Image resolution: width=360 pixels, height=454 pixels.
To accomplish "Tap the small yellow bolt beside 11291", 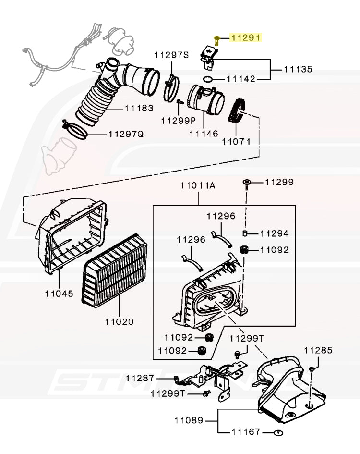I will pos(216,40).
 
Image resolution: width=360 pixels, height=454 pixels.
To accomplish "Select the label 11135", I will pos(298,69).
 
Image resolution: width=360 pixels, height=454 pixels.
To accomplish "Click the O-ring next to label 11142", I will pos(207,79).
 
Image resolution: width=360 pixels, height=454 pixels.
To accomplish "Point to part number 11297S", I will pos(171,55).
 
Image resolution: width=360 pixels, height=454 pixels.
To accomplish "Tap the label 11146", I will pos(204,134).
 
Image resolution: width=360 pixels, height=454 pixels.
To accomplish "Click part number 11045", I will pos(59,293).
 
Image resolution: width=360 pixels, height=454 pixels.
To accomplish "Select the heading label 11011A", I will pos(198,185).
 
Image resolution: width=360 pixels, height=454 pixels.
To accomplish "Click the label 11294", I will pos(274,234).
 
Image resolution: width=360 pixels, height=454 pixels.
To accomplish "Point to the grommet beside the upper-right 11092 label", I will pos(244,249).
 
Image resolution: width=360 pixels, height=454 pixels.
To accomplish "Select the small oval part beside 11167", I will pos(277,432).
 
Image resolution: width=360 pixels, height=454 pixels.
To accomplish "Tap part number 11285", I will pos(317,351).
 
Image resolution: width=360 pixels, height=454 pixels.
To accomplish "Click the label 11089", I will pos(189,421).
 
